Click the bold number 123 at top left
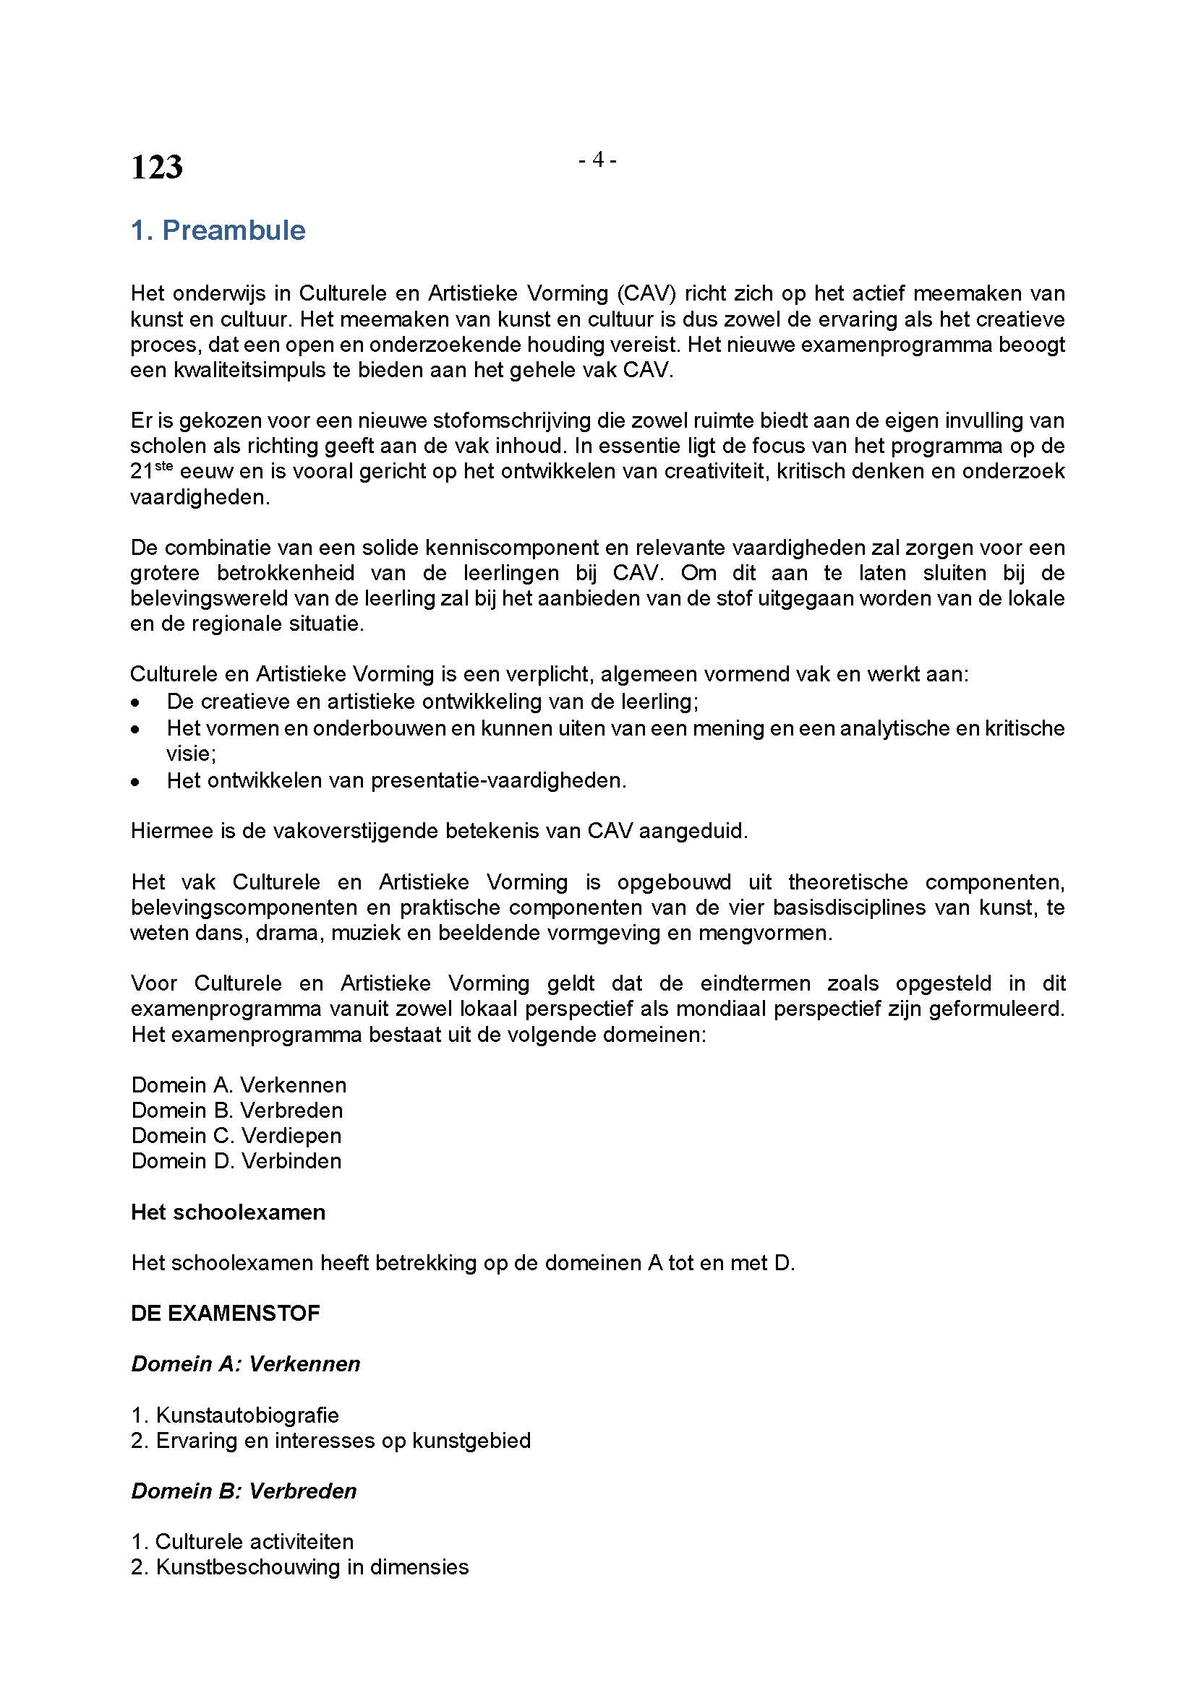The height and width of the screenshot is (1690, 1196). click(157, 167)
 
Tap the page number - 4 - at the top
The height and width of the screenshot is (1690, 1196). click(597, 159)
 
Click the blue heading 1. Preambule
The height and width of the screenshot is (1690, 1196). click(218, 230)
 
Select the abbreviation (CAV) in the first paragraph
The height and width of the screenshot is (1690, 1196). click(646, 293)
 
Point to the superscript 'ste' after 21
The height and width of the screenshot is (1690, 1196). click(163, 465)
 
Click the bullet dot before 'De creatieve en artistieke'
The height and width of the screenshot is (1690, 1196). click(134, 702)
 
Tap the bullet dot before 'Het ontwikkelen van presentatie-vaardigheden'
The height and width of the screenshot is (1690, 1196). click(134, 782)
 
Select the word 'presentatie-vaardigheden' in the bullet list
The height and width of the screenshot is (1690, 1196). click(499, 780)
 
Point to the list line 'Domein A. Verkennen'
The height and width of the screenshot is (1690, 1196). click(239, 1085)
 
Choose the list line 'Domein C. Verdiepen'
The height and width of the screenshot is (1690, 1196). click(236, 1135)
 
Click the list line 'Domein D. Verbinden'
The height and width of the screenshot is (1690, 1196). click(236, 1161)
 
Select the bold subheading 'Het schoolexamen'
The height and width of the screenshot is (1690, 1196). click(228, 1212)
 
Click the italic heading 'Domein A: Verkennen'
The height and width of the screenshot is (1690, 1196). click(246, 1364)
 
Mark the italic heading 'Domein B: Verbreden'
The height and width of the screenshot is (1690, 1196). click(244, 1491)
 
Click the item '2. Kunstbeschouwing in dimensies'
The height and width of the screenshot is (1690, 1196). click(300, 1567)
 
